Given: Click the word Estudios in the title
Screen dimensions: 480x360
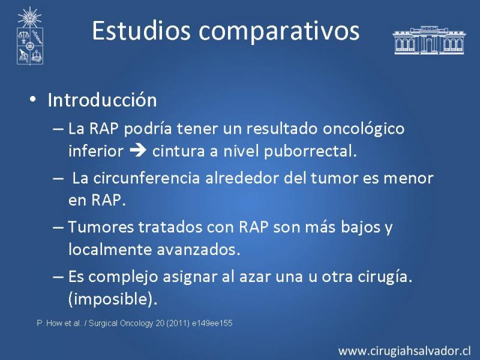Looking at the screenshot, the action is tap(142, 31).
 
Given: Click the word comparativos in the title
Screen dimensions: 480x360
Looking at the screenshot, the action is tap(279, 32).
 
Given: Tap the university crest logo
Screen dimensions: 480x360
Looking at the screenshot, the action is tap(29, 36).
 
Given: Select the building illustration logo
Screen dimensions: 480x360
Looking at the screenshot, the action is tap(429, 40).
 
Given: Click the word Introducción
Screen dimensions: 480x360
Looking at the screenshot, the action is tap(102, 100).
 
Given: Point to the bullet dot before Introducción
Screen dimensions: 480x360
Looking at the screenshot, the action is tap(33, 99).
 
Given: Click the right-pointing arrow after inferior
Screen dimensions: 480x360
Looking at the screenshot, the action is tap(138, 151).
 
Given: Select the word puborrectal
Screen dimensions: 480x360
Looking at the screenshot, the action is tap(310, 151).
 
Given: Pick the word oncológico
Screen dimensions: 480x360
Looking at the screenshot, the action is tap(364, 128).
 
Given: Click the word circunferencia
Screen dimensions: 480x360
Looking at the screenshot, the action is tap(146, 178).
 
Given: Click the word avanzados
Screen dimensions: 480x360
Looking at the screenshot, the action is tap(199, 250).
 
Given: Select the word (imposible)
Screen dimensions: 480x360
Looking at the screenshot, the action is tap(113, 299).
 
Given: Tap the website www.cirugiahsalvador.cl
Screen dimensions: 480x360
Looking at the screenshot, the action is tap(404, 350).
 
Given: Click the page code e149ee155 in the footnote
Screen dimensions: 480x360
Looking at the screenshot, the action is tap(212, 323).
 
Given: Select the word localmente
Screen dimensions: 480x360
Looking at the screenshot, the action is tap(110, 250).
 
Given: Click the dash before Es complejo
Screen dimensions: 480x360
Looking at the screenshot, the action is tap(58, 277).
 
